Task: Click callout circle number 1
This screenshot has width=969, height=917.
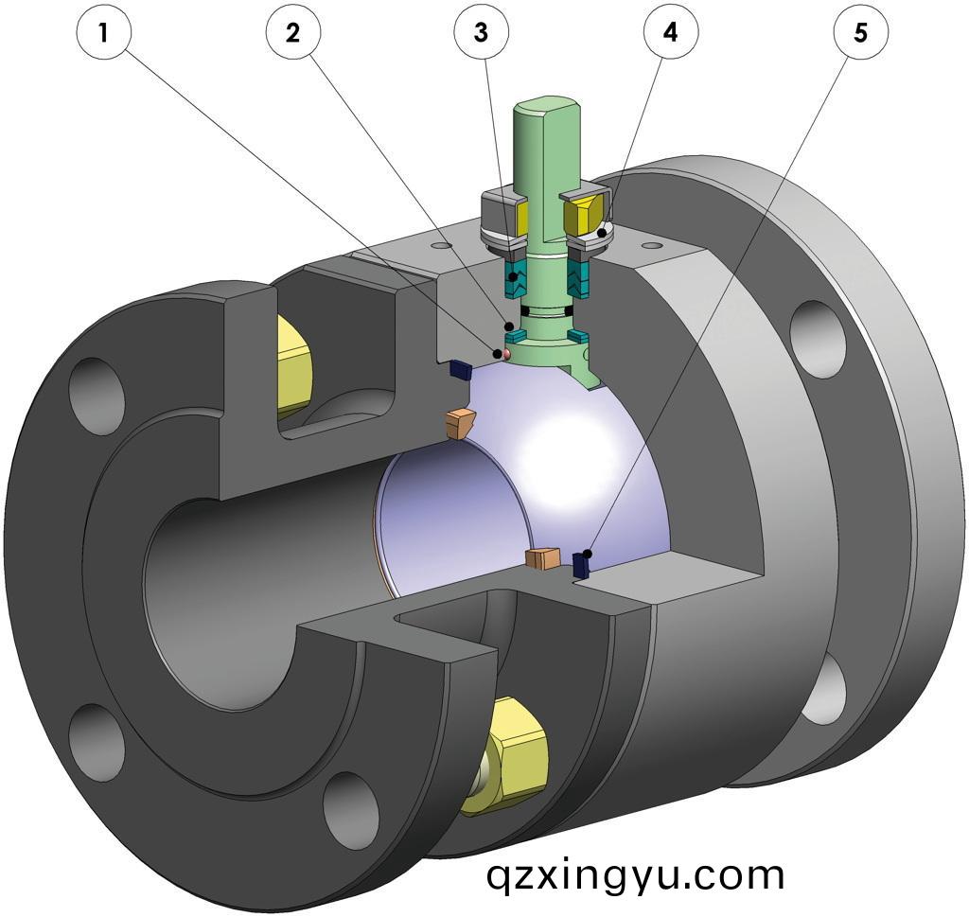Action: [x=102, y=33]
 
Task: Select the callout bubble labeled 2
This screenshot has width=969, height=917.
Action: [x=292, y=33]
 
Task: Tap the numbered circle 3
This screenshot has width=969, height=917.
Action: [x=482, y=33]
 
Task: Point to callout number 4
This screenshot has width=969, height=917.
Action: [x=671, y=33]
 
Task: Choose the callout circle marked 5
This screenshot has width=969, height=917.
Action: [x=860, y=33]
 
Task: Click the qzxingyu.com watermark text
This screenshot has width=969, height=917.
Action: [x=635, y=873]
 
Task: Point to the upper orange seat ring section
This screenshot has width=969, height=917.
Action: [x=461, y=423]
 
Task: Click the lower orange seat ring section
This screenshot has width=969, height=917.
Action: [x=545, y=559]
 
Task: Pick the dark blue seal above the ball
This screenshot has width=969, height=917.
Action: [x=460, y=367]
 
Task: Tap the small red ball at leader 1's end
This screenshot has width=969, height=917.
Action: [x=504, y=353]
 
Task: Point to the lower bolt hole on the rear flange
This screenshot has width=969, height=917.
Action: [x=829, y=685]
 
